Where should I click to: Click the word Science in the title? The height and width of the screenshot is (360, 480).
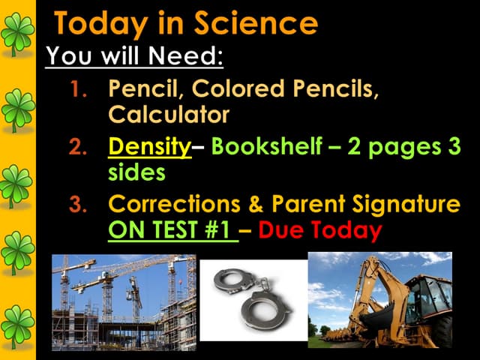(x=256, y=24)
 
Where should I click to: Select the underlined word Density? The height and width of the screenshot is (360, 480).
(x=150, y=148)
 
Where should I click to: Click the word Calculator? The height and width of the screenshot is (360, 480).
(x=169, y=115)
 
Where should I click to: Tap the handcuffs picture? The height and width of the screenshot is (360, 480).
(x=253, y=298)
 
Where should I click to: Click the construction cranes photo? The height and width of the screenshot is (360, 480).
(x=124, y=301)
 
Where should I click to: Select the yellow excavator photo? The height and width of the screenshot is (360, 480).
(x=380, y=300)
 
